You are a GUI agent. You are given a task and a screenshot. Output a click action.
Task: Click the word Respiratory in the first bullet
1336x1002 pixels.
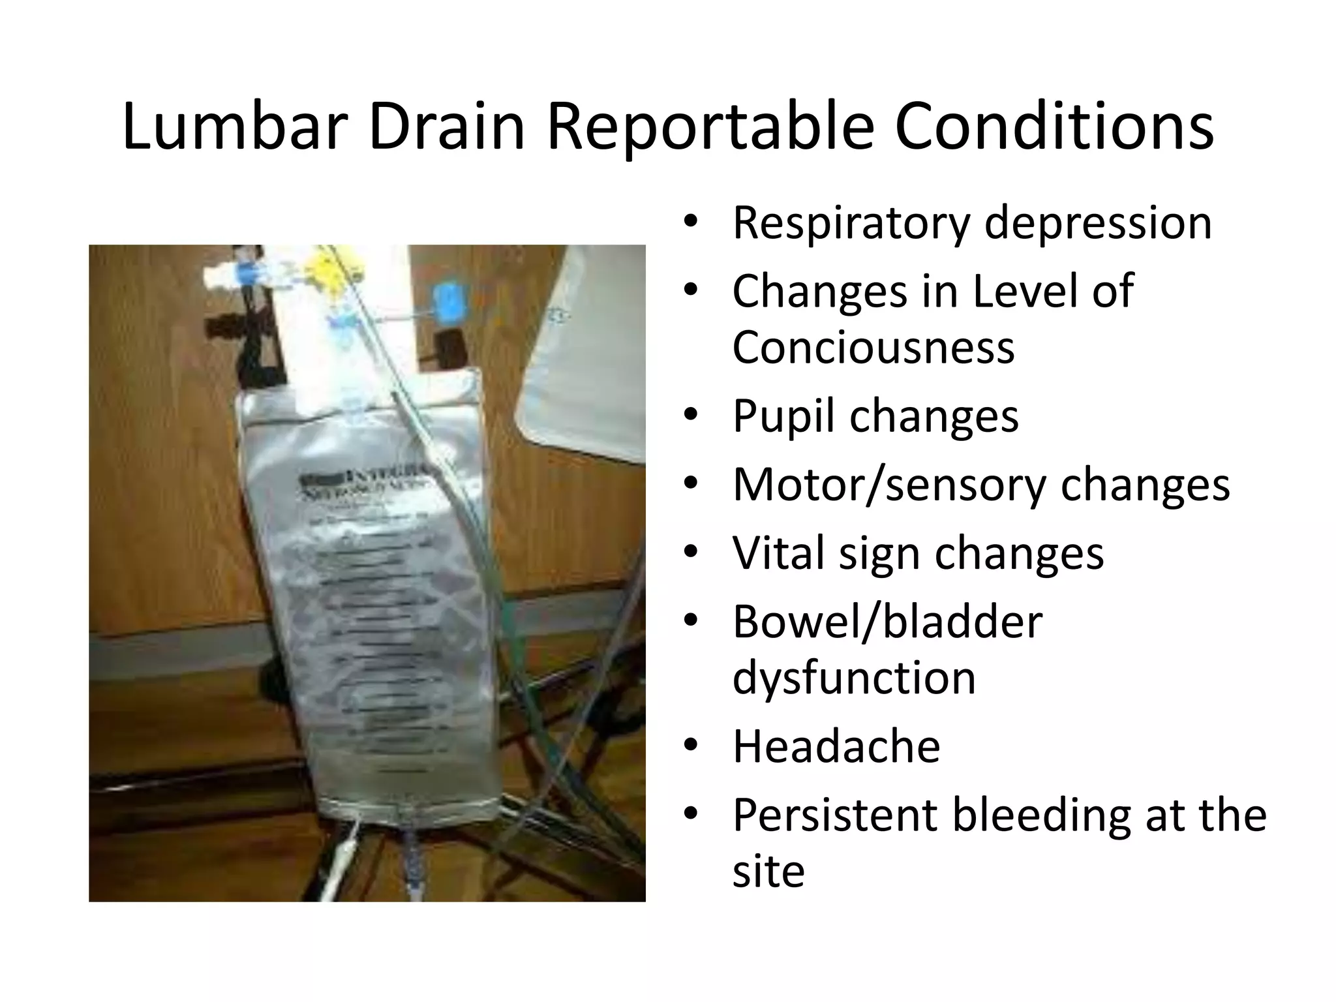point(851,223)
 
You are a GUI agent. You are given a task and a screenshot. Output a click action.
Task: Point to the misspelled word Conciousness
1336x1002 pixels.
point(873,347)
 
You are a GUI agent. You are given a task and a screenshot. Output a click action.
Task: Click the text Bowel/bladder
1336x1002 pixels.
point(887,621)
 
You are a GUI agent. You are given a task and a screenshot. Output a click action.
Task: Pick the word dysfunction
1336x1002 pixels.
point(853,677)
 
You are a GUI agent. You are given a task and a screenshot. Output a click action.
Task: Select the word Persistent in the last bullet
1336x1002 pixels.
point(834,815)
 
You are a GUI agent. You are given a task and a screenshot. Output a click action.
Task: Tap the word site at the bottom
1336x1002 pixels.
point(768,871)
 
